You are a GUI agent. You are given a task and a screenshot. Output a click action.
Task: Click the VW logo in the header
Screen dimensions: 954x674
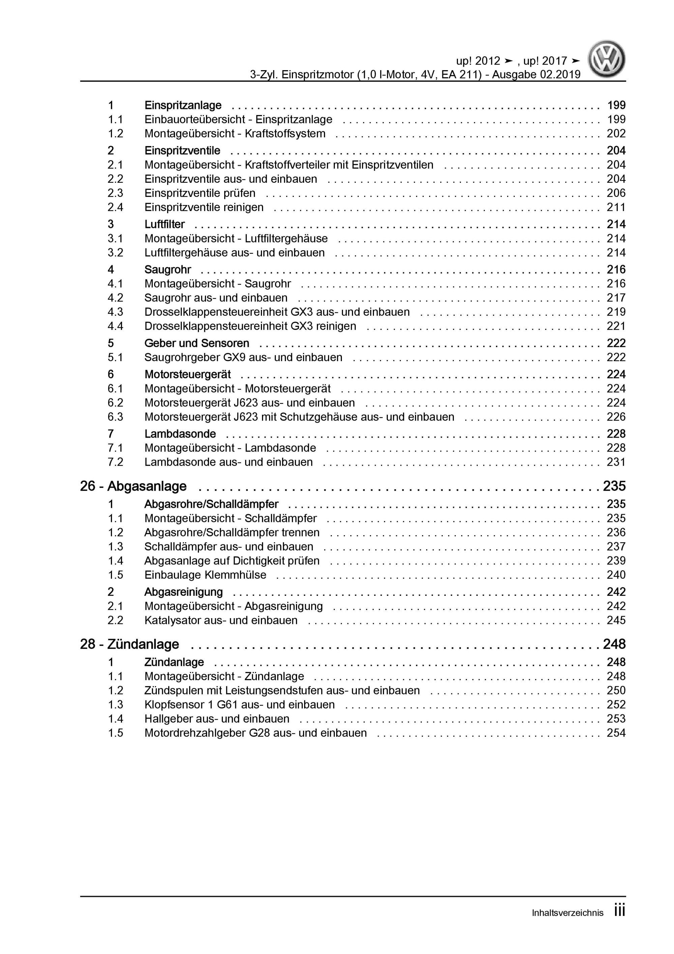tap(606, 59)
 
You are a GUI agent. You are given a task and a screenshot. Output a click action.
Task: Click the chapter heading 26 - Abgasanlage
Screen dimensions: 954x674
tap(134, 486)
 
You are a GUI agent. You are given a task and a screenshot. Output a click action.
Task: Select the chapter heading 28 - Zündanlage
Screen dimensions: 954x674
tap(130, 644)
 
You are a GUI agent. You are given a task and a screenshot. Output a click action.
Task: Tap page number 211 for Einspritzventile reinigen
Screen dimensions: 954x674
tap(616, 207)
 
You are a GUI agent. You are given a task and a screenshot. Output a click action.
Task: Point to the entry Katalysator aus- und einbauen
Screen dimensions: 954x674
tap(221, 620)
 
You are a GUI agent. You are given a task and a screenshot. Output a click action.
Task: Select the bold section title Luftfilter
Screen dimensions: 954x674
tap(165, 224)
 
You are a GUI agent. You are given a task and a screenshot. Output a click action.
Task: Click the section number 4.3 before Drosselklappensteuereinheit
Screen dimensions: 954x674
tap(116, 312)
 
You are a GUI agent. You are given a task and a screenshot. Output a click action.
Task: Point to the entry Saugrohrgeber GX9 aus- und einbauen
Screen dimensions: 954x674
tap(243, 357)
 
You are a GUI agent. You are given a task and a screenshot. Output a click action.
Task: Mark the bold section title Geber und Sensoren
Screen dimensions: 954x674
tap(197, 343)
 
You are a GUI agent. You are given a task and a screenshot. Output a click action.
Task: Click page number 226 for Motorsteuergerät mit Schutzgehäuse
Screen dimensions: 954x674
tap(616, 417)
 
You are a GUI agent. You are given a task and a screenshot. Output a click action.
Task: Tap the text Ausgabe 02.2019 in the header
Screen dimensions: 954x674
tap(536, 75)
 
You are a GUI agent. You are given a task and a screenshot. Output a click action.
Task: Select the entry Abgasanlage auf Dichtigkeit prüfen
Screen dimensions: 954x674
tap(232, 561)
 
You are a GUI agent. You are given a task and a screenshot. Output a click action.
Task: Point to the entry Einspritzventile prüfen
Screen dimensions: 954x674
tap(200, 193)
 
